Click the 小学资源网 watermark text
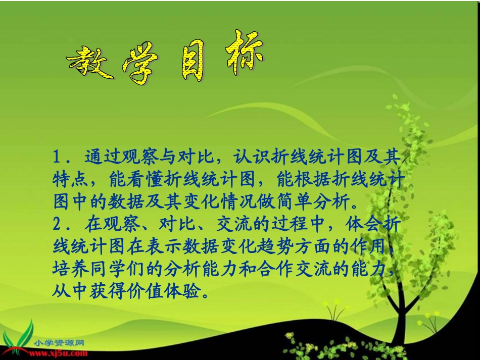(x=59, y=343)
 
